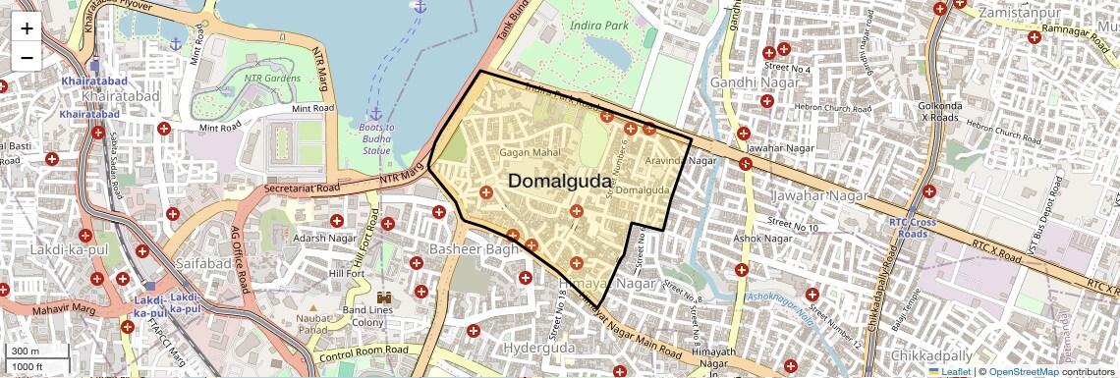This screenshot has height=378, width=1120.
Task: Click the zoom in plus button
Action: click(27, 28)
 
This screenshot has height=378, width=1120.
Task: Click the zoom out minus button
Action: click(27, 57)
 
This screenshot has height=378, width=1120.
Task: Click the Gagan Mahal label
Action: click(530, 152)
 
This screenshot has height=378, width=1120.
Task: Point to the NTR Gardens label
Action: click(272, 78)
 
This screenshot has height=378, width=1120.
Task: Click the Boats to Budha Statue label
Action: click(376, 138)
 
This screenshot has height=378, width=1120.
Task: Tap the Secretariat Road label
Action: click(302, 188)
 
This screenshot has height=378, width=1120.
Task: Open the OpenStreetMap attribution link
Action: click(1023, 371)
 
